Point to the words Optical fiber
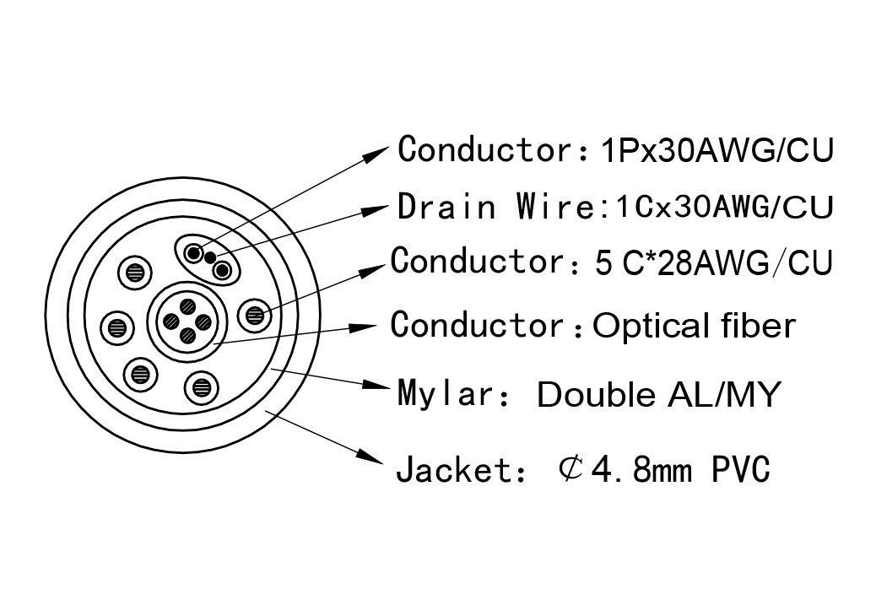(694, 325)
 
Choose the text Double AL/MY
(658, 394)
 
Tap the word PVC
(741, 469)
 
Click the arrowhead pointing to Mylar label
(377, 385)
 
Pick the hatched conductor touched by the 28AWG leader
(254, 316)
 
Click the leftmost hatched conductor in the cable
(117, 327)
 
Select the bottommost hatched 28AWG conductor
(201, 387)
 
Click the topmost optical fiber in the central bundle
(188, 305)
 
